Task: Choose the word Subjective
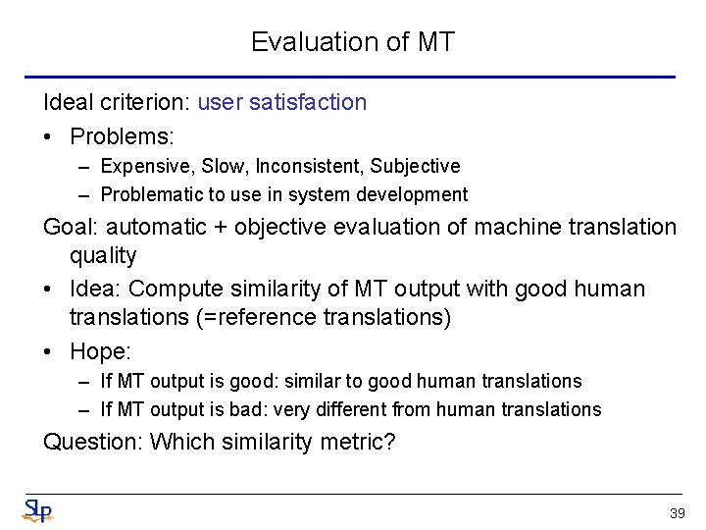(x=412, y=167)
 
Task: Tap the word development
(x=413, y=195)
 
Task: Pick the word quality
(x=102, y=256)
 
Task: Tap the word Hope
(x=97, y=350)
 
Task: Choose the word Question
(x=91, y=443)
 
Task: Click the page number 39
(x=676, y=513)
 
